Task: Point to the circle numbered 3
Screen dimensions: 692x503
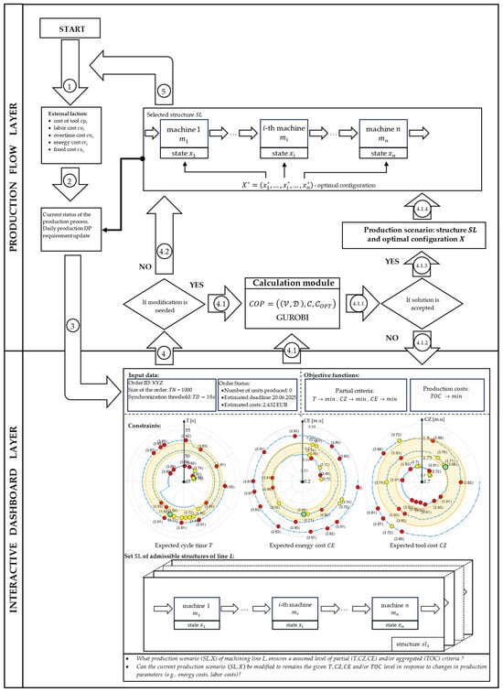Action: coord(71,324)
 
